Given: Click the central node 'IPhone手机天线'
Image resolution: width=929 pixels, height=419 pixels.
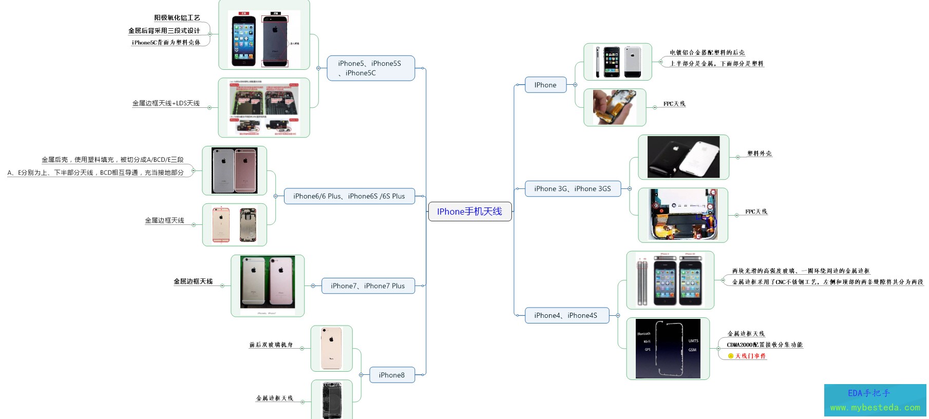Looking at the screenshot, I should tap(469, 212).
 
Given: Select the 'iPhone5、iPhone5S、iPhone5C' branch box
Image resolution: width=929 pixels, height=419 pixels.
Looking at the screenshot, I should tap(370, 68).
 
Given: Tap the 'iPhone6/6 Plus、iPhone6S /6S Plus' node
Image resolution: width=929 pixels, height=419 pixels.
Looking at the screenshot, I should tap(349, 196).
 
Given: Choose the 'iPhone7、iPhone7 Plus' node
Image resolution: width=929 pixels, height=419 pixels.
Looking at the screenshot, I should tap(368, 286).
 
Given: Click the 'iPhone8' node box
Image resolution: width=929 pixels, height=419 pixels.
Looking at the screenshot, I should tap(392, 375).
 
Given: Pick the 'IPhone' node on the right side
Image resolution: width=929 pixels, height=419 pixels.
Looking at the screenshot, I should tap(545, 85).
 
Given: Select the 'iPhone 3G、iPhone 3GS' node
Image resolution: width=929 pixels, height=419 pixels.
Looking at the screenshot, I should tap(573, 189).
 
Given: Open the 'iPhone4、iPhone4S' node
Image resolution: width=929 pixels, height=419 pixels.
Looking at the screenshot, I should tap(566, 316).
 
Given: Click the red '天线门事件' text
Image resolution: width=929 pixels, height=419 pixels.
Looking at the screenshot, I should tap(750, 356).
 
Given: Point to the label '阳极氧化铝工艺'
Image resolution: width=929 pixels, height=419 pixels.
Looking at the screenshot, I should tap(177, 18).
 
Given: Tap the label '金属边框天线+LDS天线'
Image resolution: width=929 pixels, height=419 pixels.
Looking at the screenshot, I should tap(166, 103).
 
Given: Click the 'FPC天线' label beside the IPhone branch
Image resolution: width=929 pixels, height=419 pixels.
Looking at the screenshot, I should tap(674, 104).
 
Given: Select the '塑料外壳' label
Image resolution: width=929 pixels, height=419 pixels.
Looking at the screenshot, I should tap(760, 154).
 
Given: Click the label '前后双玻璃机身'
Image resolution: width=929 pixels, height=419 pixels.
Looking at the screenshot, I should tap(271, 345).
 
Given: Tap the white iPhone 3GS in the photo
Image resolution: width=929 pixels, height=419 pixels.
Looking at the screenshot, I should tap(699, 157).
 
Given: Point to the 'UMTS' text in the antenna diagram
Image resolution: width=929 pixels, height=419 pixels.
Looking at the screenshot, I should tap(693, 341).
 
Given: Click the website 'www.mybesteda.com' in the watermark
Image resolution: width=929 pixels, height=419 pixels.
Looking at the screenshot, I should tap(875, 408).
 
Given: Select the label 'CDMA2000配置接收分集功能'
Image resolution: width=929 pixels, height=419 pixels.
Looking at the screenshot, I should tap(765, 345).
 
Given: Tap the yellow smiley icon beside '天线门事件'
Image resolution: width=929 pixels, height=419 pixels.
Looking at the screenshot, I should tap(731, 356).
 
